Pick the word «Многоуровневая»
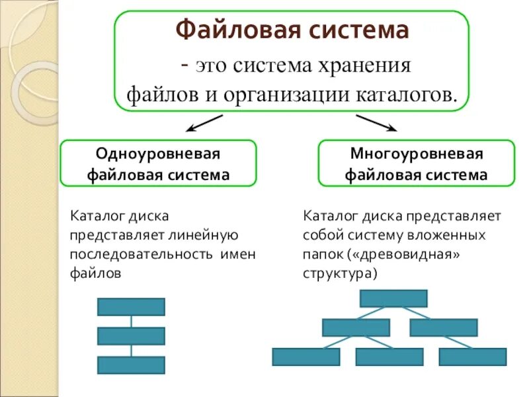click(x=416, y=154)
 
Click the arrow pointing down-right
click(x=376, y=123)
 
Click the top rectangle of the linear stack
click(x=131, y=306)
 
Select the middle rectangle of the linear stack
click(x=131, y=336)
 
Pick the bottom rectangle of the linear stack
click(x=131, y=365)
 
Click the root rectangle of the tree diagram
click(x=393, y=298)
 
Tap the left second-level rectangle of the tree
click(x=356, y=328)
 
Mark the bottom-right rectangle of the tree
click(x=472, y=357)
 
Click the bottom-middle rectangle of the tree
click(x=389, y=357)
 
